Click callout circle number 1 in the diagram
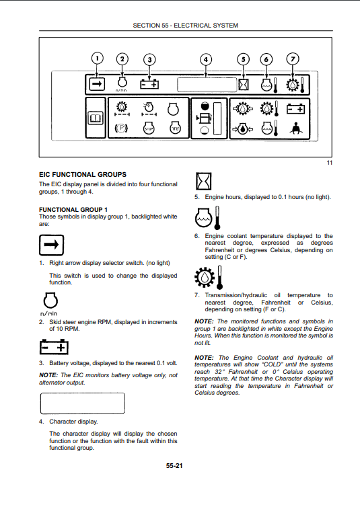pos(97,58)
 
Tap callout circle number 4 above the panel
pos(206,60)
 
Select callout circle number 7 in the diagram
pos(293,59)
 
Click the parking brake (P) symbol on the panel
pos(121,128)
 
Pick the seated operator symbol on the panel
pos(295,128)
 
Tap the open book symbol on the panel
pos(96,118)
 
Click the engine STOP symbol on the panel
pos(149,128)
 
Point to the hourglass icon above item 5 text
pos(203,181)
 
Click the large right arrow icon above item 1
pos(52,245)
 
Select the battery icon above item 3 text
pos(54,347)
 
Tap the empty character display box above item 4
pos(83,403)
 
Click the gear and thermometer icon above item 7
pos(209,277)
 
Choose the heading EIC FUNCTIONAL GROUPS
pos(83,175)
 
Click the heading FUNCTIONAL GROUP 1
pos(73,210)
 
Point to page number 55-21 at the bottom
pos(174,466)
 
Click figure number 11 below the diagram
pos(330,163)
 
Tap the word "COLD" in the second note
pos(273,364)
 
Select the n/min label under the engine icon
pos(48,313)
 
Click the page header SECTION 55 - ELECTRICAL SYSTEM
pos(186,26)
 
